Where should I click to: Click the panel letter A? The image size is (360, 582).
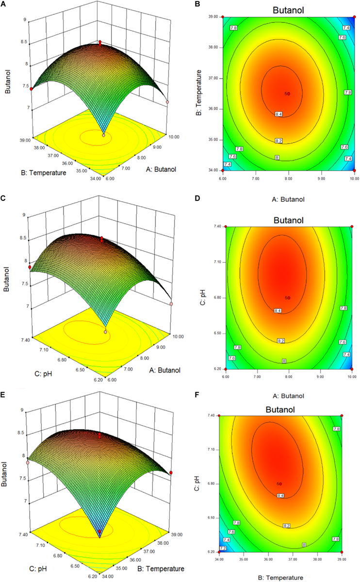click(4, 3)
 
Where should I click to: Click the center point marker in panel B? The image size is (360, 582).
click(288, 94)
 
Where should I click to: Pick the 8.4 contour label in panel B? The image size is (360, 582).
click(278, 114)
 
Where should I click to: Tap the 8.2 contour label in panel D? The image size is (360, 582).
click(280, 341)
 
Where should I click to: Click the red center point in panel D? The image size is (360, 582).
click(289, 298)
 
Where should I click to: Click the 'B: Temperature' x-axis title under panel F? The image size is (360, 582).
click(280, 577)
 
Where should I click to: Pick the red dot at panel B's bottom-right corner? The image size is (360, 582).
click(354, 170)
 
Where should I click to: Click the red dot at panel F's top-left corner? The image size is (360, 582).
click(219, 416)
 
